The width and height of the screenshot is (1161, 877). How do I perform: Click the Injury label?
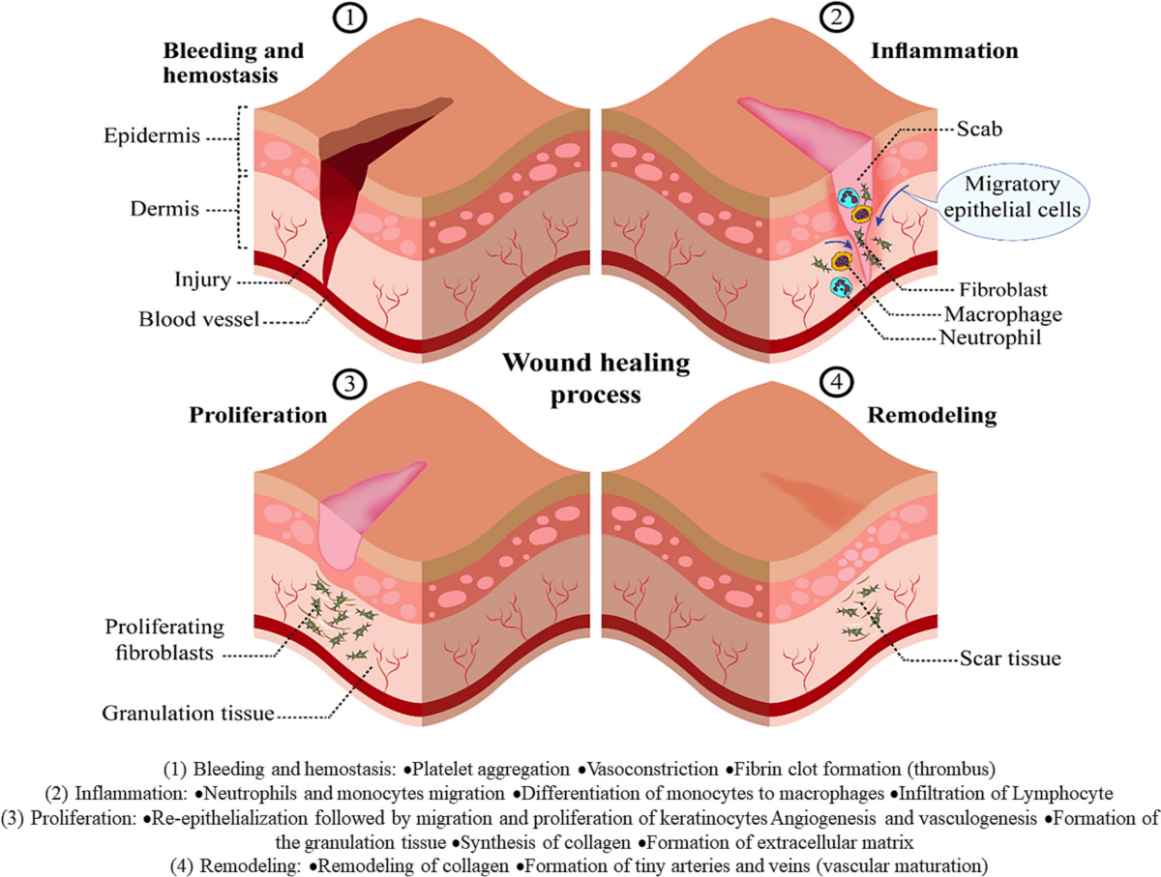pos(203,282)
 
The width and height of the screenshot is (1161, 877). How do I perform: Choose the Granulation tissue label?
pos(188,715)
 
